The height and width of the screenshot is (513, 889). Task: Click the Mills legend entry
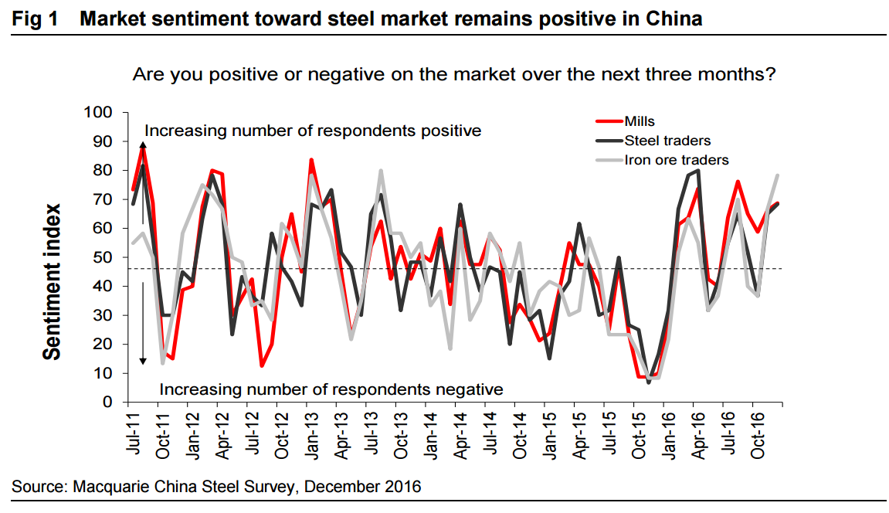click(x=640, y=121)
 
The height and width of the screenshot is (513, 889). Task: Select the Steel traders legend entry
click(x=667, y=141)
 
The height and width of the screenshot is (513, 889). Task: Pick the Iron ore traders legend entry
click(x=676, y=160)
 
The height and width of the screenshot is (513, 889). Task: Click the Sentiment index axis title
click(x=52, y=282)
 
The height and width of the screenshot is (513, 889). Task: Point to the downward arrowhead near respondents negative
click(x=143, y=361)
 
